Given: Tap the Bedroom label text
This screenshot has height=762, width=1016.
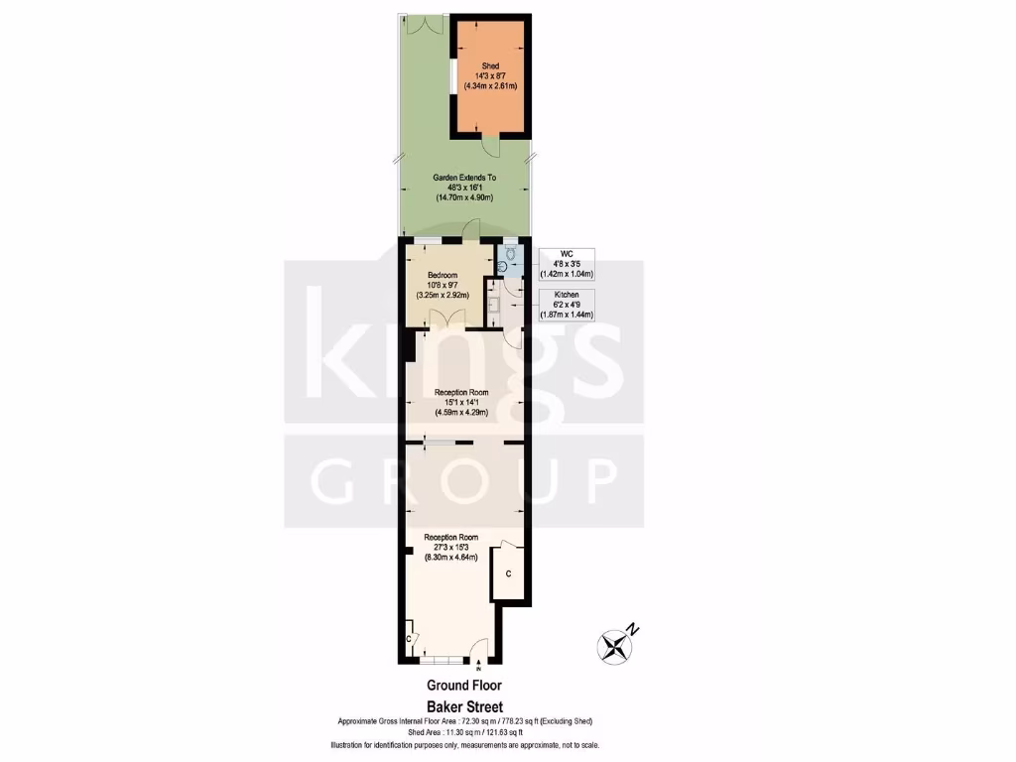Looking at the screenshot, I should (443, 275).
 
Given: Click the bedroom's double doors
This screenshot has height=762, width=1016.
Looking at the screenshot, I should (442, 319).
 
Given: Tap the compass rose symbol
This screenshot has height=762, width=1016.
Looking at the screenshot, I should (617, 645).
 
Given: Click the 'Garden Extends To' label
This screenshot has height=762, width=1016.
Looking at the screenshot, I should (464, 178).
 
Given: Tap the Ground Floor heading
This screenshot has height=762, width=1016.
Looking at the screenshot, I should (464, 685).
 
